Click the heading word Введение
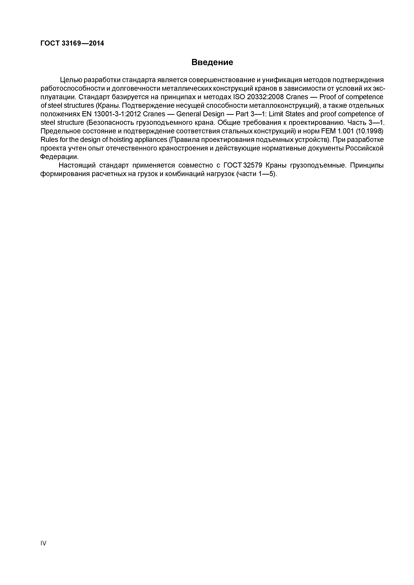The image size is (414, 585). pyautogui.click(x=212, y=62)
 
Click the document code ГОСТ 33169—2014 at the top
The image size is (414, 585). pyautogui.click(x=72, y=44)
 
